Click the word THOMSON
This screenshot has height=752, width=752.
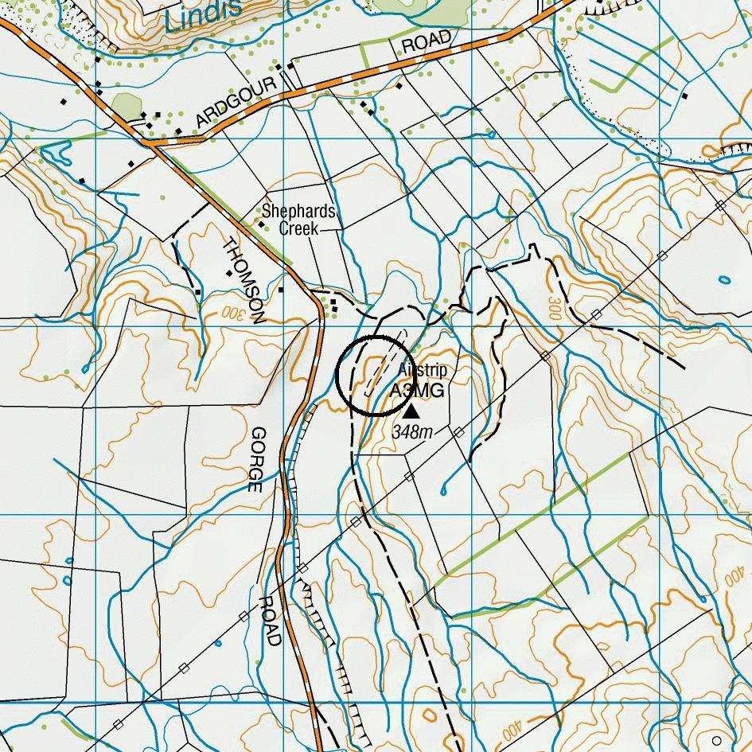(244, 281)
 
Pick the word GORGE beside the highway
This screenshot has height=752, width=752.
(256, 460)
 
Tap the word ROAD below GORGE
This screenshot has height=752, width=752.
(270, 621)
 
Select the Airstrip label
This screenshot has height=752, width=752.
(422, 371)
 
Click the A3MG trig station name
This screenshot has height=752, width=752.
(417, 392)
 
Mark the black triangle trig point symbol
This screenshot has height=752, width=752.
(411, 411)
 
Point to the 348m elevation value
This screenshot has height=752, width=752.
(412, 432)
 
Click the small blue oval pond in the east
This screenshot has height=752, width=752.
(723, 280)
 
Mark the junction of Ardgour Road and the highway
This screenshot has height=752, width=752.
(152, 143)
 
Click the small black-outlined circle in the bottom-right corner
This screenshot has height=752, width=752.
(717, 740)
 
